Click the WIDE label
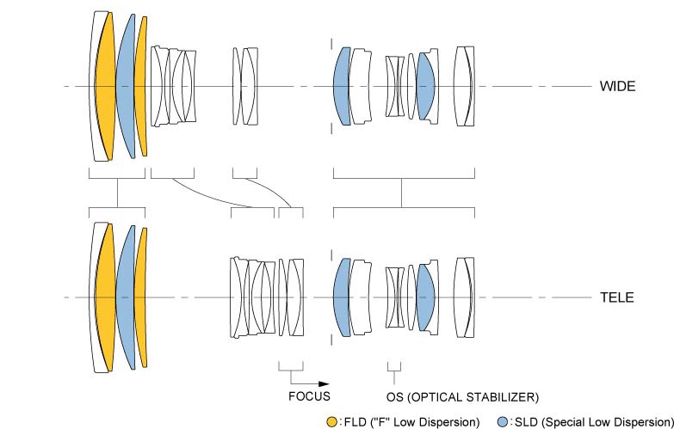(x=617, y=87)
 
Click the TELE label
(x=616, y=298)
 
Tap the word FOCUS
(x=308, y=397)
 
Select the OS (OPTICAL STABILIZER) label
(x=462, y=397)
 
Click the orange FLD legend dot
(x=331, y=421)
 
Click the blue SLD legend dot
(x=503, y=421)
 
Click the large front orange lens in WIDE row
(x=105, y=86)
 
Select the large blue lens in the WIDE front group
(x=126, y=86)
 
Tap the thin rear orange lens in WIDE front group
(x=141, y=86)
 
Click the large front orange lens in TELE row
(x=106, y=297)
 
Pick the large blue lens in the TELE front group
(x=126, y=297)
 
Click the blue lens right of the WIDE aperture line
(x=342, y=86)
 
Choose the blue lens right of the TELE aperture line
(x=342, y=297)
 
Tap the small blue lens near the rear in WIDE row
(x=424, y=86)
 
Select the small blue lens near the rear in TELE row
(x=424, y=297)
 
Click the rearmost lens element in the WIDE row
(x=465, y=86)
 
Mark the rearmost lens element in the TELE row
(x=465, y=297)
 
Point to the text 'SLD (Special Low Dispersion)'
(x=589, y=421)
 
